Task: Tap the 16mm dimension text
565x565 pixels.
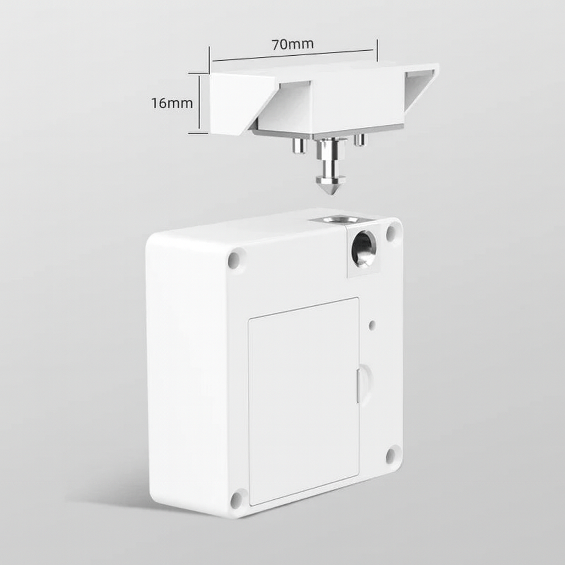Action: [x=172, y=103]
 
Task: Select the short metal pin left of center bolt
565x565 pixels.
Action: [x=299, y=145]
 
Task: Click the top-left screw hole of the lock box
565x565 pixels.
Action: [x=236, y=258]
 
